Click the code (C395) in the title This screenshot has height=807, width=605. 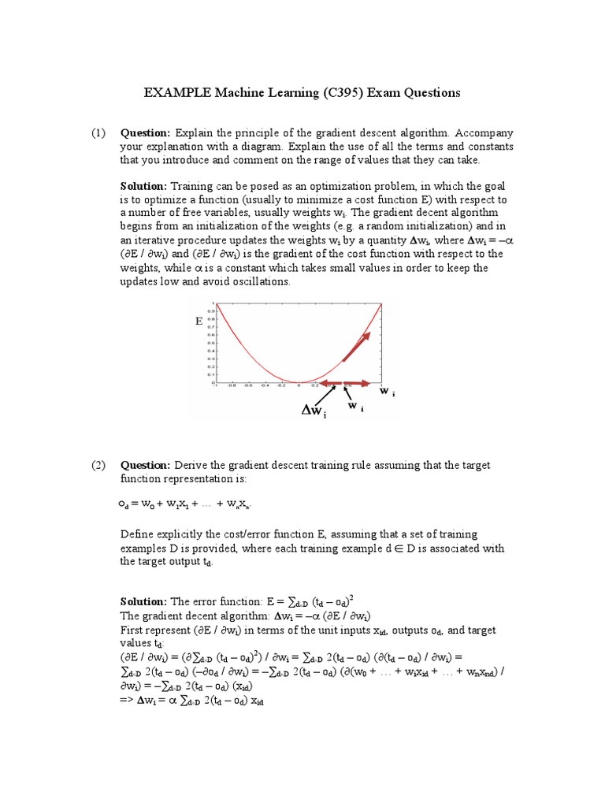(347, 93)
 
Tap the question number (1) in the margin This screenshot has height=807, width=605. (97, 133)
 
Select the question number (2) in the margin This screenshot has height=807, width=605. (97, 465)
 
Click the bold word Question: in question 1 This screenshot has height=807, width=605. (145, 133)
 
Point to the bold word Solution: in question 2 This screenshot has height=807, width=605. (143, 601)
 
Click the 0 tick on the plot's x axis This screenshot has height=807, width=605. (299, 386)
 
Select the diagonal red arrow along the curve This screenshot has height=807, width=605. (357, 346)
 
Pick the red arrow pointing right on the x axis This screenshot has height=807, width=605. (358, 383)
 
